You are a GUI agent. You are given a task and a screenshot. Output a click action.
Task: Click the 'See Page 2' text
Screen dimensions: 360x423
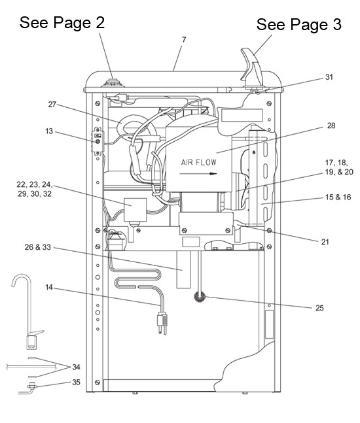(62, 22)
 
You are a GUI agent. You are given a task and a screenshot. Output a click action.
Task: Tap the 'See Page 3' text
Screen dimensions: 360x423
(298, 25)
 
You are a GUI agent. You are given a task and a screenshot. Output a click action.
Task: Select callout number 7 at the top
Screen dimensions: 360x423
(184, 40)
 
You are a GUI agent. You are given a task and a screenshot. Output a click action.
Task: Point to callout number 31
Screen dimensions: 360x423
(329, 77)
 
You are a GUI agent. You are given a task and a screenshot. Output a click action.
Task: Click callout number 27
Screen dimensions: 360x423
(52, 104)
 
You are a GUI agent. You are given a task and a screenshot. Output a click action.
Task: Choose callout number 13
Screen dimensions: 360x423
(49, 131)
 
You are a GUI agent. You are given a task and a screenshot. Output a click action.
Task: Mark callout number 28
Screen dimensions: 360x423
(331, 126)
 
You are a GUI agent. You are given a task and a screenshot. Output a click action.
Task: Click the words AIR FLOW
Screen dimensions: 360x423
(199, 162)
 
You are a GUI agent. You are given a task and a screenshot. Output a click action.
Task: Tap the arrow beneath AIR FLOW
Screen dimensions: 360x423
(198, 173)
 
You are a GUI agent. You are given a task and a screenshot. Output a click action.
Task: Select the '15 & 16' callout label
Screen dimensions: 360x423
(338, 197)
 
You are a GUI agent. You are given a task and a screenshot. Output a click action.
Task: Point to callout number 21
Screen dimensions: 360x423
(325, 242)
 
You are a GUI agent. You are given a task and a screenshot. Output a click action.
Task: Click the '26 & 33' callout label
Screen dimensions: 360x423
(37, 247)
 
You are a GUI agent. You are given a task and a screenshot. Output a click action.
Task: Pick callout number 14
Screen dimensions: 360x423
(49, 287)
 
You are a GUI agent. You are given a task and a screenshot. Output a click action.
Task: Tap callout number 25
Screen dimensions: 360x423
(319, 308)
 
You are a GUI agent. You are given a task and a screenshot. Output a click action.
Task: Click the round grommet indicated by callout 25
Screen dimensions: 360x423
(200, 297)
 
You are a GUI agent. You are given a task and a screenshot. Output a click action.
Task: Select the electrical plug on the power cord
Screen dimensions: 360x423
(162, 323)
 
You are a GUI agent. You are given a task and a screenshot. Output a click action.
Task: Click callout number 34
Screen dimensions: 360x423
(76, 367)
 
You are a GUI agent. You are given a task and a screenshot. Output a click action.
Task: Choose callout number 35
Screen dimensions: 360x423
(76, 382)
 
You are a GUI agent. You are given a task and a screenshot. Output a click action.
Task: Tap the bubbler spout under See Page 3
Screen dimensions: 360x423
(252, 66)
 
